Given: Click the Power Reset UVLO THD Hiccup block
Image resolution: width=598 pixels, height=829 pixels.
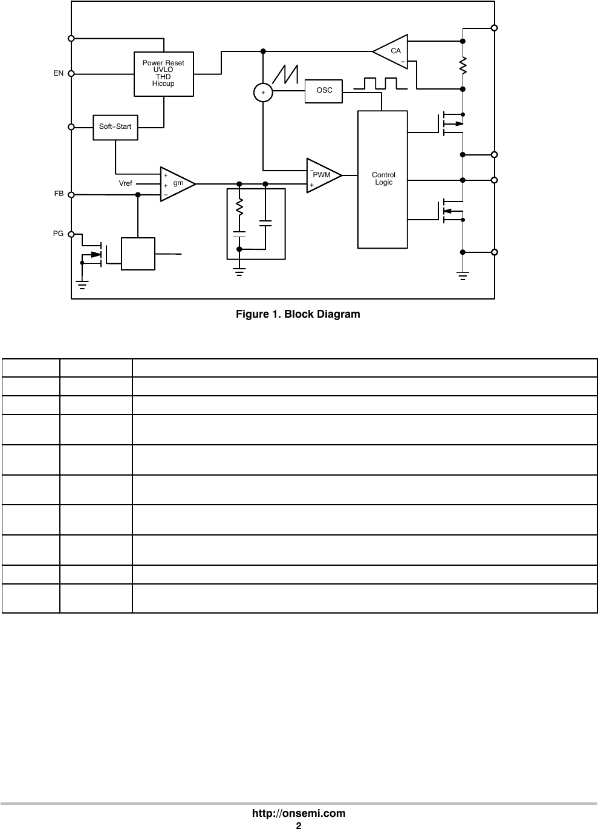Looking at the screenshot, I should (x=163, y=74).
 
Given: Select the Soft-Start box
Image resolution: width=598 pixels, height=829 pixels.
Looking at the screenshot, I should (x=115, y=127).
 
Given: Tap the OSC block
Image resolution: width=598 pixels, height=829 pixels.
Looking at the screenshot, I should (x=324, y=90).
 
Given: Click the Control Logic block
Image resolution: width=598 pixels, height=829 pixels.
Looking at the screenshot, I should (x=383, y=179).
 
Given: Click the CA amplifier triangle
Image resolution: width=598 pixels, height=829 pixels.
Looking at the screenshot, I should (x=392, y=51).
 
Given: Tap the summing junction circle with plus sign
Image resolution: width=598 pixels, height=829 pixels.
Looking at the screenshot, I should (x=263, y=93).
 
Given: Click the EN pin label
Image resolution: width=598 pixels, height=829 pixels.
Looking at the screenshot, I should (x=58, y=73).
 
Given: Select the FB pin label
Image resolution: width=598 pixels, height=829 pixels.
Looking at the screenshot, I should (x=59, y=194).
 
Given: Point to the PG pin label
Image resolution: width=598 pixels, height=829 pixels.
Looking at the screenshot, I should (x=58, y=233).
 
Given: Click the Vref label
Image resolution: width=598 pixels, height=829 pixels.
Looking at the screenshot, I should (x=126, y=183).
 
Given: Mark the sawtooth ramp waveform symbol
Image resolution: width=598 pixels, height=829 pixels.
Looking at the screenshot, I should (x=286, y=74).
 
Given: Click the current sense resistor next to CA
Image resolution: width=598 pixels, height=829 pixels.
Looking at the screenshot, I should (x=463, y=65).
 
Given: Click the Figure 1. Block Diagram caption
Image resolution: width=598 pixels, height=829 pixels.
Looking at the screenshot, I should (x=297, y=314).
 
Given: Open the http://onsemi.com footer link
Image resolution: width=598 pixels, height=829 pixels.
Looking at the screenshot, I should (x=299, y=813).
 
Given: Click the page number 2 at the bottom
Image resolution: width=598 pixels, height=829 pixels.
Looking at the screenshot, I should (x=298, y=825).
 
